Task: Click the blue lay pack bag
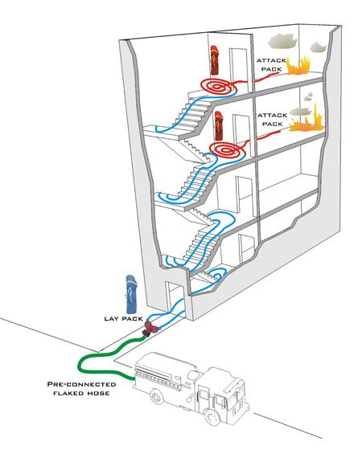click(132, 294)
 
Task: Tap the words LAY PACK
click(123, 319)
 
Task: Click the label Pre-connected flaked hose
click(81, 388)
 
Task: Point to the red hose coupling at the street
click(150, 329)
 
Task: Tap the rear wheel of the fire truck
click(158, 398)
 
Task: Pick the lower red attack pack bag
click(219, 125)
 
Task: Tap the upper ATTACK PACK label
click(272, 65)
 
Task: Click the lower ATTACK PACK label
click(273, 120)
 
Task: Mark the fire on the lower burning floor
click(306, 121)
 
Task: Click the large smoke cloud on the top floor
click(282, 41)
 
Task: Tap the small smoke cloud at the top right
click(318, 47)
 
